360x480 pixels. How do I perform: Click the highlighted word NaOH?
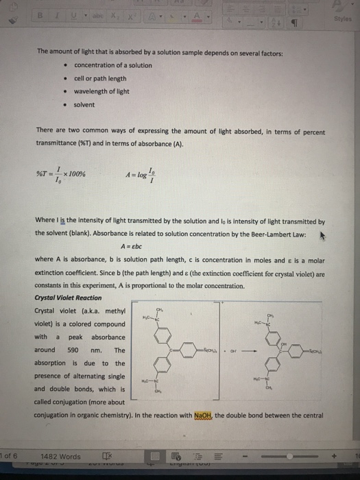pos(204,415)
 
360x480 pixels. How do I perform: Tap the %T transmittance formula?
pos(62,175)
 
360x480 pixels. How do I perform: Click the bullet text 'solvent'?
pos(84,104)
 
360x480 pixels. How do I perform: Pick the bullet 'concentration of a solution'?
pos(113,64)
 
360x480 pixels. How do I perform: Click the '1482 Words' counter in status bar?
pos(60,456)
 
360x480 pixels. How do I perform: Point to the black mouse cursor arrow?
pos(318,235)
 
